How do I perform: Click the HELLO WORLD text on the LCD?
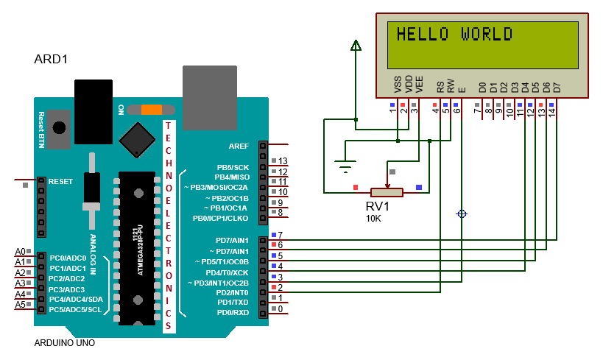(454, 34)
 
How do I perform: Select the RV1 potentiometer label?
(378, 207)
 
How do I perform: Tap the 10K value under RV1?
(373, 219)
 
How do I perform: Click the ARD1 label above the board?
(52, 59)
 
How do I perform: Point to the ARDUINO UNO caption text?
(65, 343)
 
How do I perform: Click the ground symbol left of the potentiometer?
(344, 166)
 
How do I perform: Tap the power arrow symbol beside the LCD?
(356, 46)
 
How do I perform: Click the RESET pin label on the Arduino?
(62, 180)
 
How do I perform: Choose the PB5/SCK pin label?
(232, 167)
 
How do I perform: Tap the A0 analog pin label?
(20, 252)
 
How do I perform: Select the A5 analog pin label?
(20, 304)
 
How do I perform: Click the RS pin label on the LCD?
(440, 86)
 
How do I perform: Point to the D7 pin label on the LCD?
(557, 87)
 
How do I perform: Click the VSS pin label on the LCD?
(398, 85)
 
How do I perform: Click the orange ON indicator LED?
(151, 110)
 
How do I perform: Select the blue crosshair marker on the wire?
(462, 213)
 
